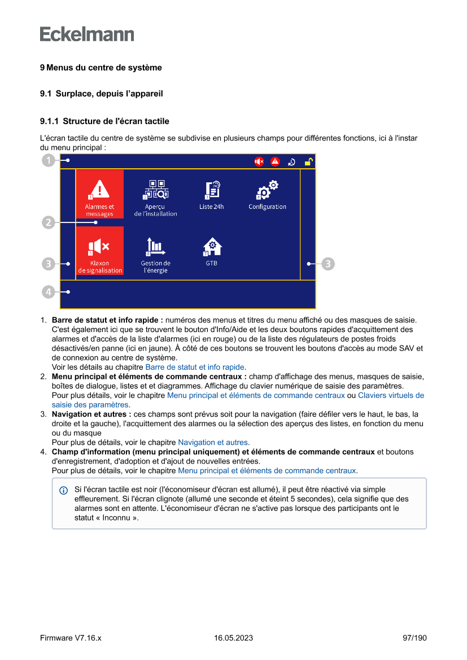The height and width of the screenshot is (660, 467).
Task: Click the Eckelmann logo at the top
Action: [87, 34]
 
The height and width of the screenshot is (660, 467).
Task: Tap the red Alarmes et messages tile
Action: [99, 194]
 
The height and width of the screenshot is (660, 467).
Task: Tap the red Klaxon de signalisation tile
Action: [99, 251]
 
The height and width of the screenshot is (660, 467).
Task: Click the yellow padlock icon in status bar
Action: [308, 162]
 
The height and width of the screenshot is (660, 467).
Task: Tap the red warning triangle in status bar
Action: [275, 162]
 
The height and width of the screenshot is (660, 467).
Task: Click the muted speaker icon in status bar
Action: [259, 162]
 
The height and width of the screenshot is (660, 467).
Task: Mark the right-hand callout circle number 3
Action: [328, 263]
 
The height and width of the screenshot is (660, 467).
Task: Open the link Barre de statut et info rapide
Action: [195, 367]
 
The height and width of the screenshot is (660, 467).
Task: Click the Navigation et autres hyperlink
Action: [213, 443]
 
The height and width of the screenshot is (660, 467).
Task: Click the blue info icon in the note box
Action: [64, 490]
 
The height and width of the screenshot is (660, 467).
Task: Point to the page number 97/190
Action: [414, 638]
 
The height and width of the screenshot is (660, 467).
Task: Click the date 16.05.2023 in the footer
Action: [233, 638]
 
